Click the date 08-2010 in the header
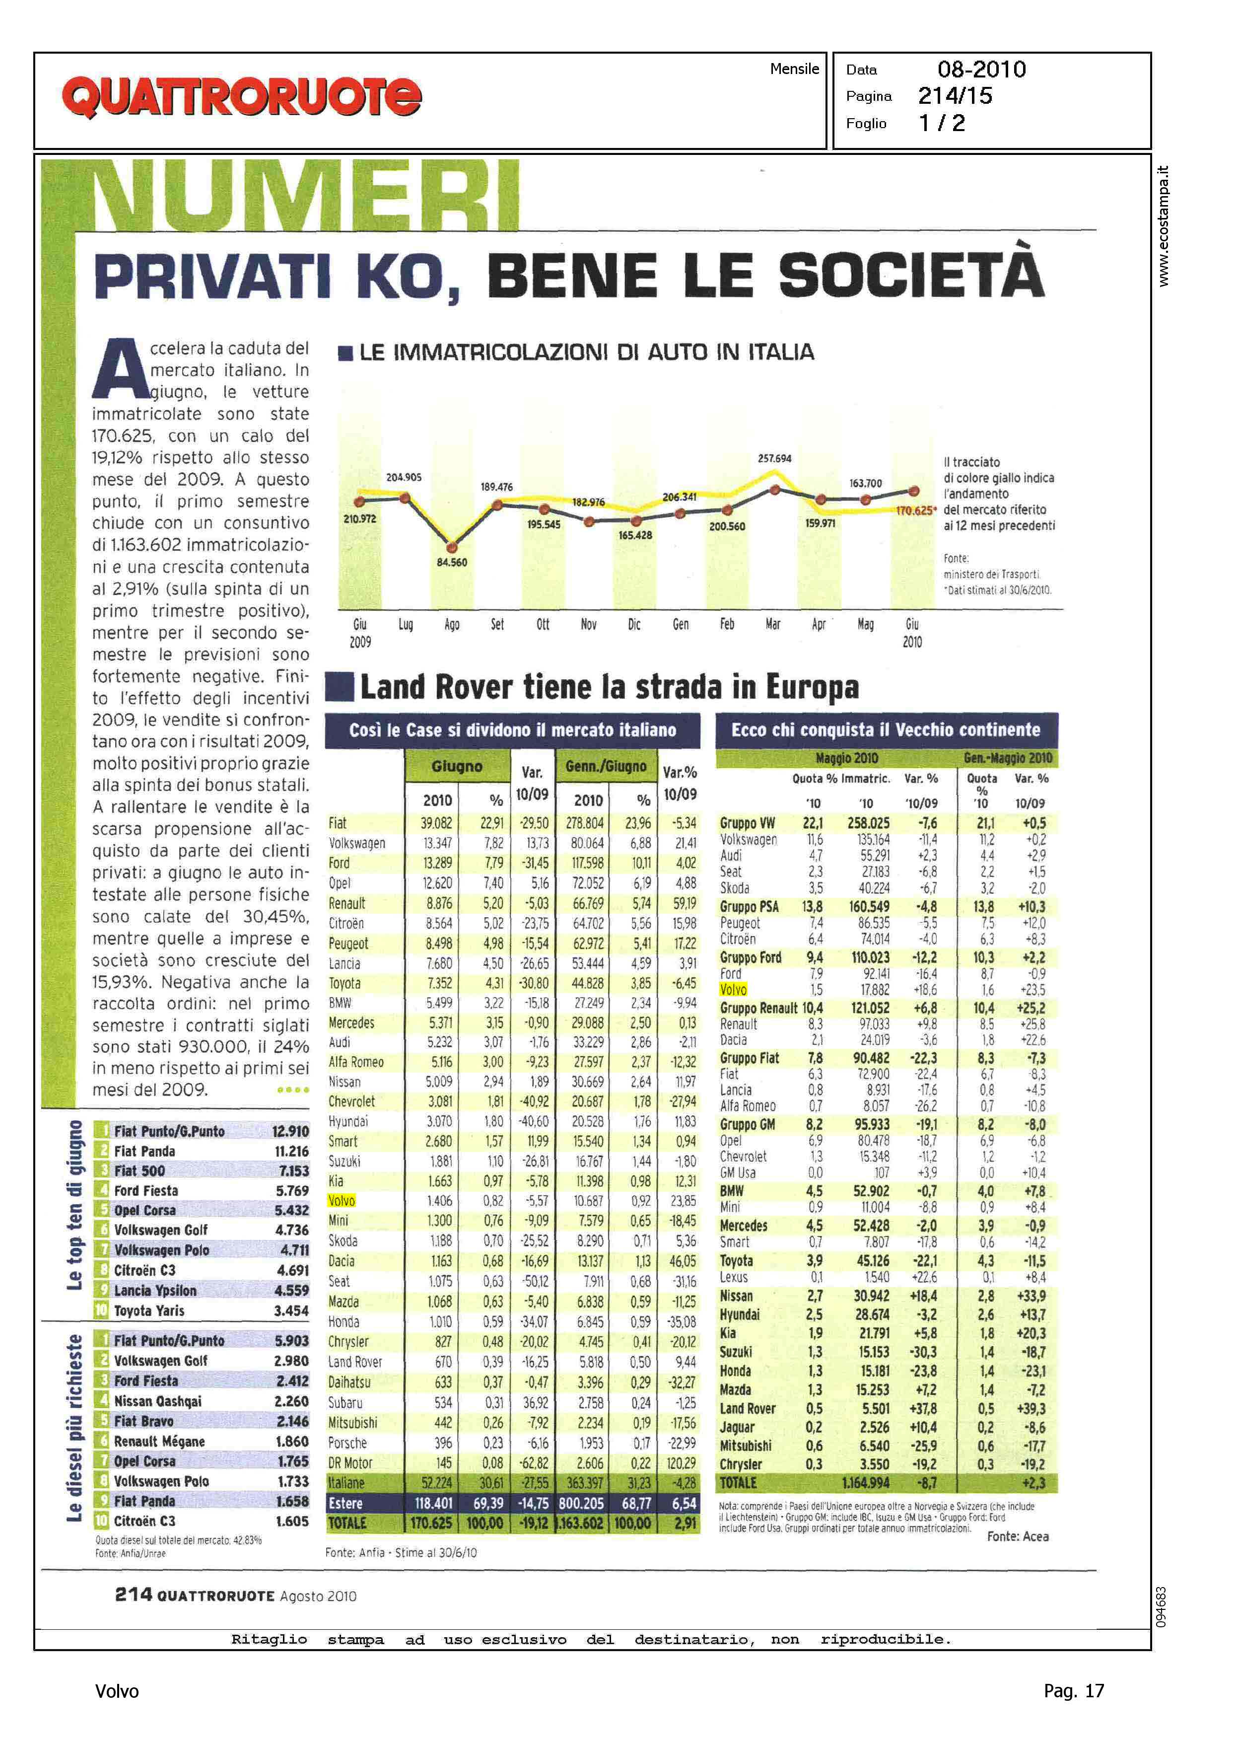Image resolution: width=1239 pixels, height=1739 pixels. point(981,70)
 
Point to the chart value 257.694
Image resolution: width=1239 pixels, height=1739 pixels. point(774,459)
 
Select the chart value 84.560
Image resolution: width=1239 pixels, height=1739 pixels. point(452,563)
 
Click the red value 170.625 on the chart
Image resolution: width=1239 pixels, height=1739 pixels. point(914,510)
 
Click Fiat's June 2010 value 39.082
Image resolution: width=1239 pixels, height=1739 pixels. point(436,823)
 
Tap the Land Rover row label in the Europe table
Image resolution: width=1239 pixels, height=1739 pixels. point(747,1409)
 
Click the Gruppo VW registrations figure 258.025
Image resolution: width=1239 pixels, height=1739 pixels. point(868,823)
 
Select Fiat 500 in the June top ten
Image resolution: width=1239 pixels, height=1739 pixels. point(139,1170)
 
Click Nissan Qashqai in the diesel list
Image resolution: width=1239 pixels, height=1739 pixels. point(158,1401)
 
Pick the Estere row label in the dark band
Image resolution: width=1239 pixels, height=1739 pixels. point(345,1503)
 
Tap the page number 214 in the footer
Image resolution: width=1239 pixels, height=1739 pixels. point(134,1595)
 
